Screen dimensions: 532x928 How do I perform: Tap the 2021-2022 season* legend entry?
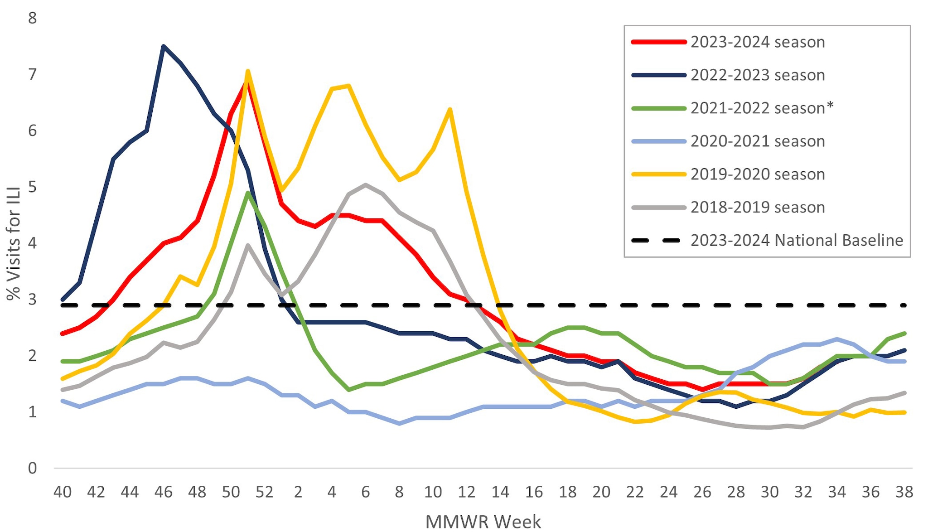762,108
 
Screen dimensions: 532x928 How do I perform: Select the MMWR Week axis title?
483,522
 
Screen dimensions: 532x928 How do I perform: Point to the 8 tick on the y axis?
32,18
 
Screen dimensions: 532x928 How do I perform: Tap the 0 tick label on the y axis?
32,468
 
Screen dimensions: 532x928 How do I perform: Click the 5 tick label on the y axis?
32,187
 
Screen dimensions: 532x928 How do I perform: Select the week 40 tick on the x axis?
63,492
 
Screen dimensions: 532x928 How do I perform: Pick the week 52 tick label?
265,492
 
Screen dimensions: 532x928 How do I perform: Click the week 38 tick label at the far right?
904,492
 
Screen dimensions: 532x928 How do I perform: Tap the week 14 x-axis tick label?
500,492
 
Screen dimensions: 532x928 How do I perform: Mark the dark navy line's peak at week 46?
163,46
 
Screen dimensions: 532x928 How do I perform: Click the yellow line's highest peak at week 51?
248,71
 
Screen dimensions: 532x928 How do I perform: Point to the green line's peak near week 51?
248,193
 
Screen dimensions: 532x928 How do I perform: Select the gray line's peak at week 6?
366,184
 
